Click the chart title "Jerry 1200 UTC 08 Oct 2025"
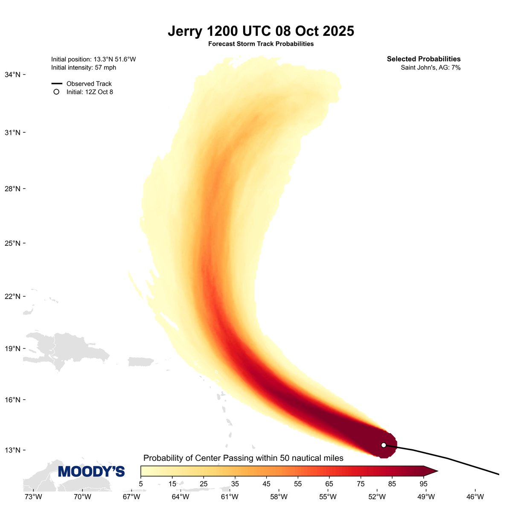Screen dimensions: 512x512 pos(261,32)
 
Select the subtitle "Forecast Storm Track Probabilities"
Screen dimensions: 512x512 pos(261,44)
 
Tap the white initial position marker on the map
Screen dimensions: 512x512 pos(384,445)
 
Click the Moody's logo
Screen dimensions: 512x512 pos(91,471)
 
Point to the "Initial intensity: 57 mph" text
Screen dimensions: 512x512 pos(84,67)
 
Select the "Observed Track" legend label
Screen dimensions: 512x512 pos(89,84)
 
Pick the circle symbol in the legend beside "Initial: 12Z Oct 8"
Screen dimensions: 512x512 pos(56,92)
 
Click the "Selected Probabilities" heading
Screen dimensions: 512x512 pos(424,59)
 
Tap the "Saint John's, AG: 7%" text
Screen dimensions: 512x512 pos(431,67)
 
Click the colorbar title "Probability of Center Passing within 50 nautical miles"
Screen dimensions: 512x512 pos(243,458)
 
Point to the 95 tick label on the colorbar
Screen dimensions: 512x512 pos(423,483)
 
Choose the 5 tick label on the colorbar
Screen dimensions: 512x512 pos(141,483)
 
